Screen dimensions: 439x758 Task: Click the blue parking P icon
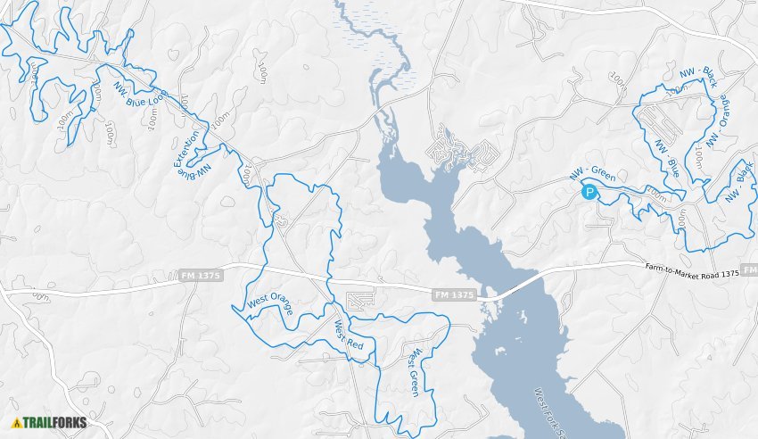pyautogui.click(x=589, y=191)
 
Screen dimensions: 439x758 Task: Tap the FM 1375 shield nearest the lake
pyautogui.click(x=454, y=294)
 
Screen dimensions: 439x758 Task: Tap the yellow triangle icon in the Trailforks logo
pyautogui.click(x=17, y=422)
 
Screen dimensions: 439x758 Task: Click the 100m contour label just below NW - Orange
pyautogui.click(x=698, y=158)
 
